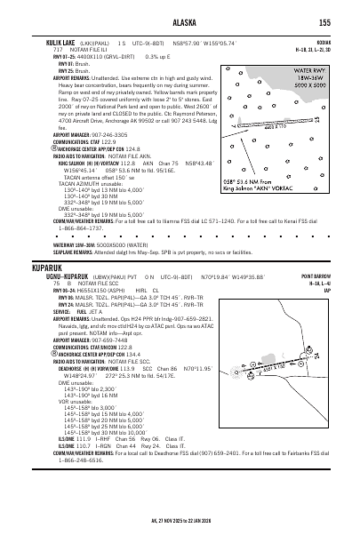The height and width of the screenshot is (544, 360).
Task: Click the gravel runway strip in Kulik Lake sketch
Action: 258,121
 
